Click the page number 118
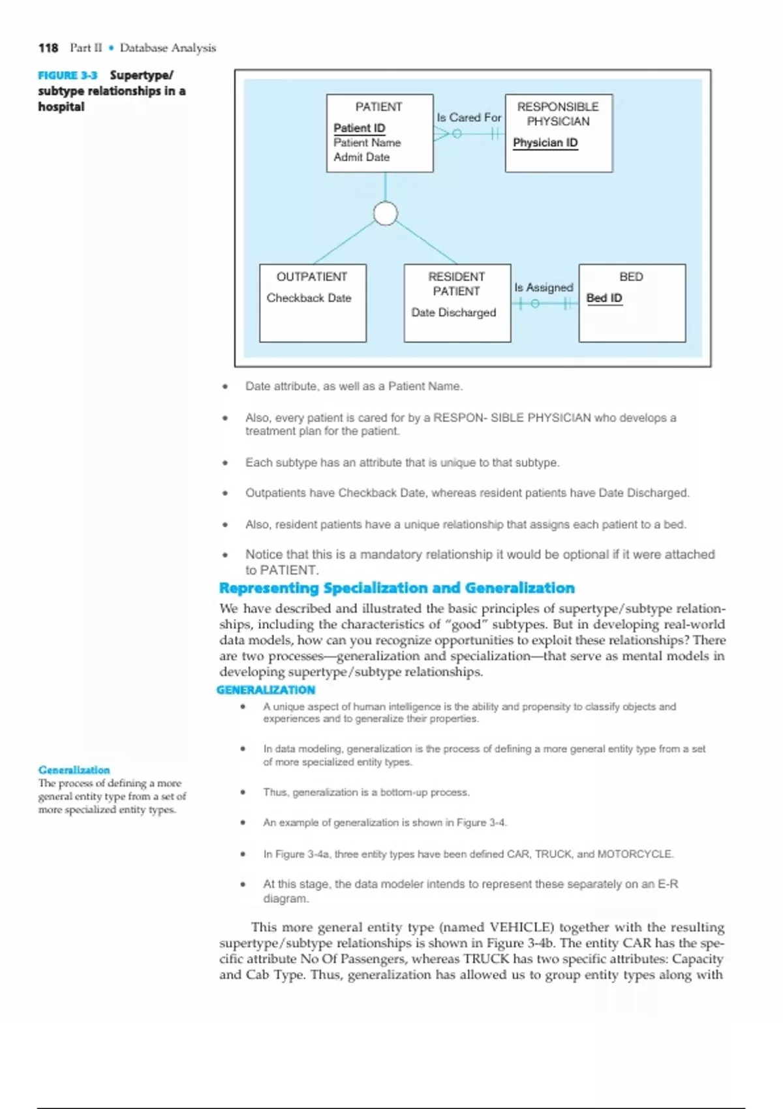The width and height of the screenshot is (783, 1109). [x=48, y=48]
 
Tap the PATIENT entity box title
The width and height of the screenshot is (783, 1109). [x=378, y=106]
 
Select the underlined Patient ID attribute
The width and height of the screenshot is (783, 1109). [x=359, y=128]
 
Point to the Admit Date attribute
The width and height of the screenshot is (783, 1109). [x=361, y=157]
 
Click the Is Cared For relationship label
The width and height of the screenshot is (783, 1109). [x=468, y=117]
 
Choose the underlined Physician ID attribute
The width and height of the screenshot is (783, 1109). [x=545, y=143]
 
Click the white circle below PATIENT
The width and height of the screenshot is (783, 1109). [x=385, y=213]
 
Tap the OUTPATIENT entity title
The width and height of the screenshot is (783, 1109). [x=312, y=277]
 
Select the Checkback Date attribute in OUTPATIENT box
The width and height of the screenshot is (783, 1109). [x=309, y=298]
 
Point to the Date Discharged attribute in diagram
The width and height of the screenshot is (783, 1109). [x=453, y=312]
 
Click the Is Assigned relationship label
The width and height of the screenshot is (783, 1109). [x=544, y=288]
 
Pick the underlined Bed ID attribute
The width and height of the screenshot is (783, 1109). [x=604, y=298]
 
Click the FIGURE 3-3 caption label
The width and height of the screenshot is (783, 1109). [x=67, y=76]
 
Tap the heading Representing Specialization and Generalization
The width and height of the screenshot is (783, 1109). [x=397, y=588]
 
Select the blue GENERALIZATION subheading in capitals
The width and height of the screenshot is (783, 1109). [x=266, y=690]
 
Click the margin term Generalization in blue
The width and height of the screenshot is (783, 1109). [x=74, y=770]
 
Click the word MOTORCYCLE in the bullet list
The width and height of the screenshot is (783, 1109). [x=634, y=854]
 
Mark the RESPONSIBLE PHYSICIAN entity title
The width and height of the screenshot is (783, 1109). [x=558, y=114]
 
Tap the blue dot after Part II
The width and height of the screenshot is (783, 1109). [x=112, y=48]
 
